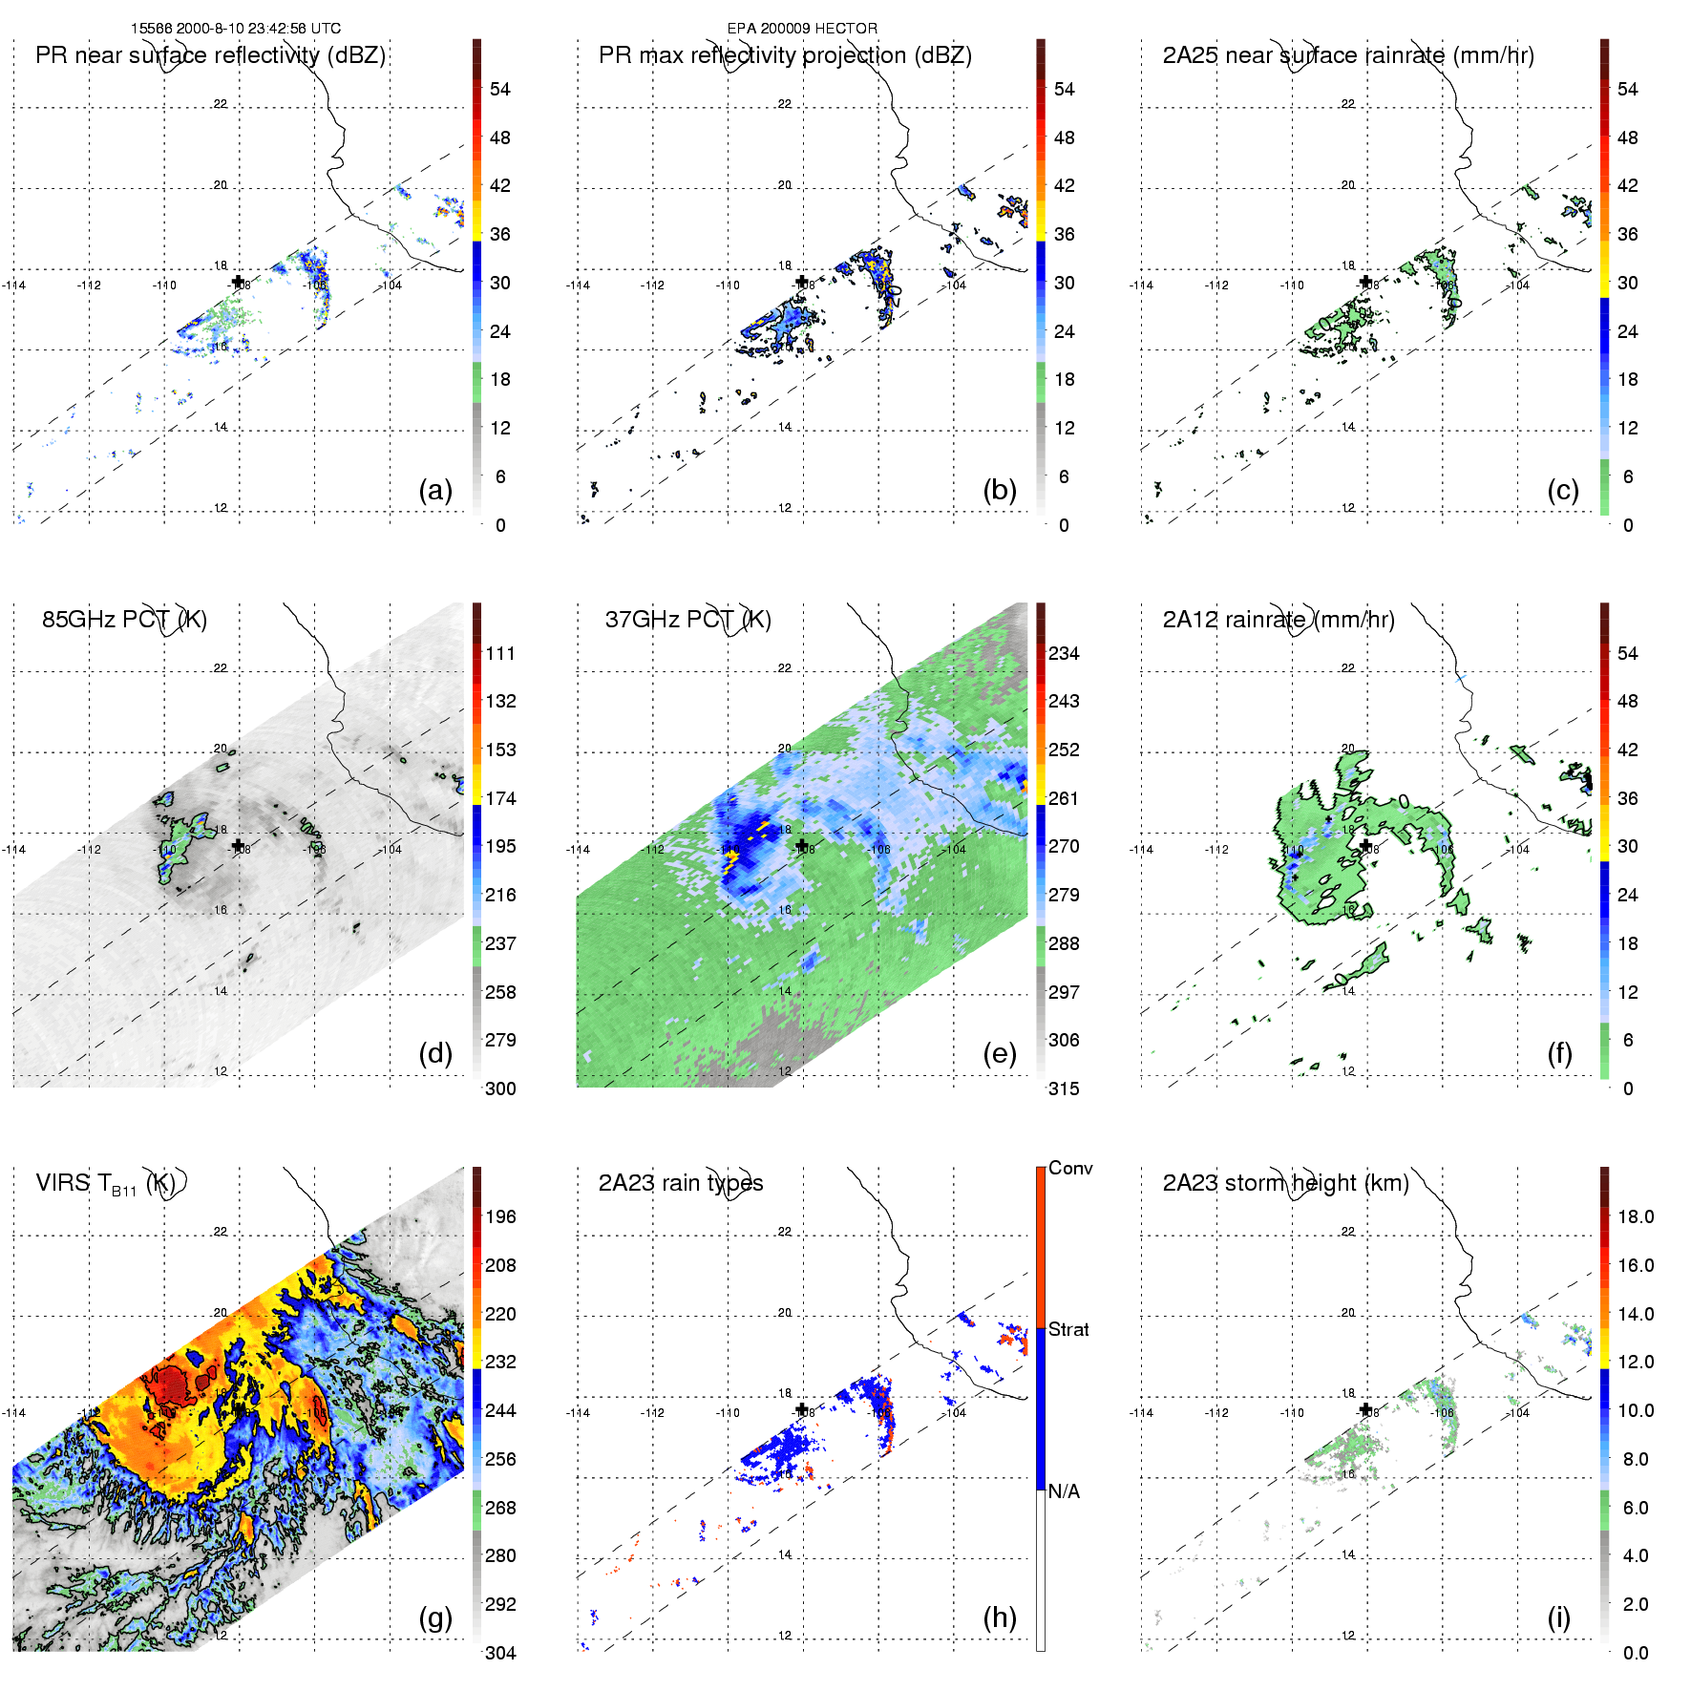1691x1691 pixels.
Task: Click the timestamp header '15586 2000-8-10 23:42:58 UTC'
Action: (235, 29)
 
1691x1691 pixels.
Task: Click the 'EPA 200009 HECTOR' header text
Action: (802, 29)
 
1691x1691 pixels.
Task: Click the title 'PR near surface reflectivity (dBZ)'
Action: (210, 55)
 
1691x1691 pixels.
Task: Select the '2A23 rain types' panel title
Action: (680, 1183)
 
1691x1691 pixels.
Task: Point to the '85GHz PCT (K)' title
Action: (124, 620)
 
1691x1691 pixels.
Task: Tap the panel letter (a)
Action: (435, 491)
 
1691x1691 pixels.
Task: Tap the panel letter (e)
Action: (999, 1054)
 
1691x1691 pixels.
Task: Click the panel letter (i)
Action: (1558, 1617)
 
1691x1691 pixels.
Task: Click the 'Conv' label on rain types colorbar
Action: (1070, 1168)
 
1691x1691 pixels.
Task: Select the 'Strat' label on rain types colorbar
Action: (1068, 1329)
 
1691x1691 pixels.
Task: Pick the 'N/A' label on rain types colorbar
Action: (1064, 1491)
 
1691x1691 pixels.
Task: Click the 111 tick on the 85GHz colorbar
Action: (500, 654)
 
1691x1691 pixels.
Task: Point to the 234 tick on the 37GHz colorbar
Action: (1064, 654)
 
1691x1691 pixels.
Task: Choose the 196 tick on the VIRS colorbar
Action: (500, 1217)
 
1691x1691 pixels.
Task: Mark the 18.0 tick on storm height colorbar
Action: (1636, 1217)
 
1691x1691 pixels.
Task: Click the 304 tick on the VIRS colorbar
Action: (500, 1653)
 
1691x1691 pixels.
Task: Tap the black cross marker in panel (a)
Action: (238, 282)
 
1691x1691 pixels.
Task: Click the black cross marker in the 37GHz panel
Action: (802, 845)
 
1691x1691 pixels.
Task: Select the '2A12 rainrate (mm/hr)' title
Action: (1278, 620)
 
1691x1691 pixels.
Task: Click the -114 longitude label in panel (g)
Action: (14, 1413)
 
